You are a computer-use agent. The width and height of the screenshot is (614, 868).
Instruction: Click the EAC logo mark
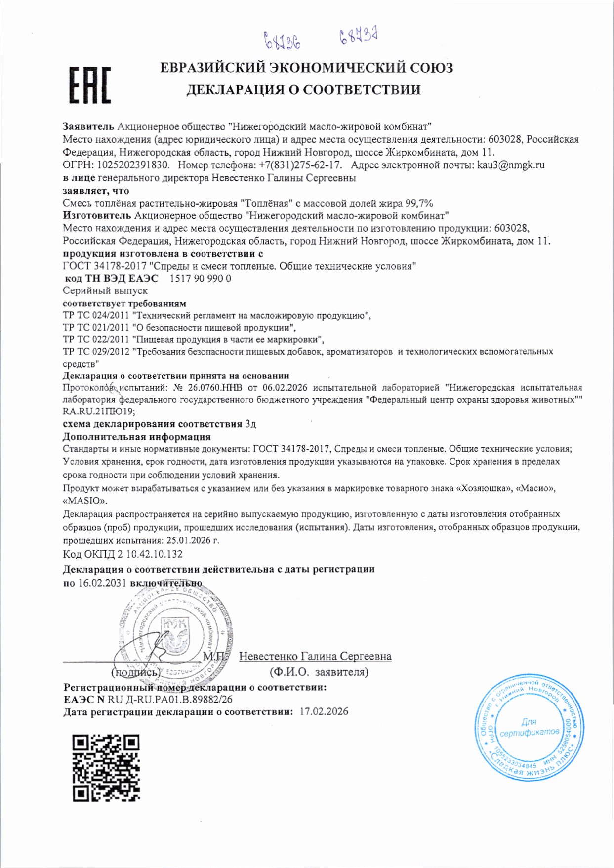coord(89,85)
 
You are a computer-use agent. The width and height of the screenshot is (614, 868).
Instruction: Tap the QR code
coord(106,768)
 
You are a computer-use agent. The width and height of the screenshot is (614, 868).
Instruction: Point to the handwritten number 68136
coord(282,41)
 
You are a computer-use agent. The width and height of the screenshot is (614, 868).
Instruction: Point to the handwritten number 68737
coord(359,37)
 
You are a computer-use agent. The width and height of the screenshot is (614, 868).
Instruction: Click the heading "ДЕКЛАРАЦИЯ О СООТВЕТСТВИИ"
coord(303,90)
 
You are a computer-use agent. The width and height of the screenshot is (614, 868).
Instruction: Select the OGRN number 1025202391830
coord(130,165)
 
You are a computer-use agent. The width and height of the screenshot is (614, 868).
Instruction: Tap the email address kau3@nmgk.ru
coord(511,165)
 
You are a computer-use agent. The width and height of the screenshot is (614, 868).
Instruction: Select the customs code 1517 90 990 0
coord(200,279)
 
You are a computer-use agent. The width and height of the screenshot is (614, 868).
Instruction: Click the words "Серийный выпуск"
coord(105,291)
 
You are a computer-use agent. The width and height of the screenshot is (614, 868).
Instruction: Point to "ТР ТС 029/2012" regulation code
coord(96,352)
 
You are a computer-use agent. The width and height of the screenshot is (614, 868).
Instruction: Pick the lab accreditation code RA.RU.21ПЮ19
coord(99,411)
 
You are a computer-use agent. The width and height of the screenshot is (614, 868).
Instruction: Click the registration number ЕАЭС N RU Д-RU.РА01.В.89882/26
coord(148,700)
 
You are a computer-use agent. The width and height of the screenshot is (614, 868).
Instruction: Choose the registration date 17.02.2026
coord(324,712)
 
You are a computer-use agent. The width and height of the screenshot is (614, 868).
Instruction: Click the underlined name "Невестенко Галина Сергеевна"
coord(315,656)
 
